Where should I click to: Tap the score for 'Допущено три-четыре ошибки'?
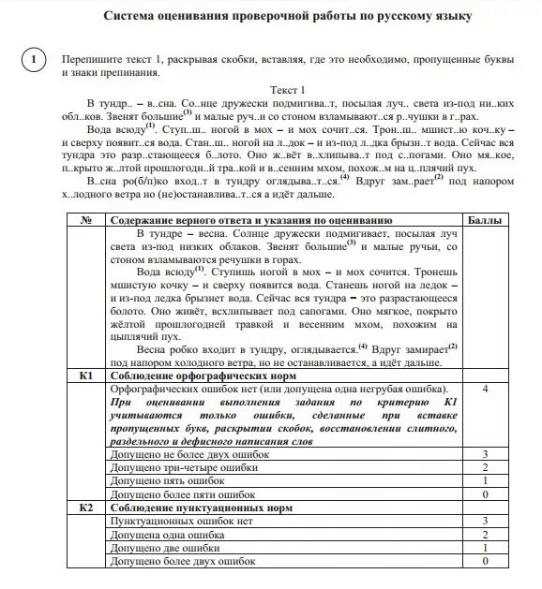pyautogui.click(x=485, y=467)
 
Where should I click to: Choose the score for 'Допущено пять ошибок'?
pyautogui.click(x=485, y=480)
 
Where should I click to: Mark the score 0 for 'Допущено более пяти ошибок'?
pyautogui.click(x=485, y=493)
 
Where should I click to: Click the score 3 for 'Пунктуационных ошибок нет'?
pyautogui.click(x=485, y=520)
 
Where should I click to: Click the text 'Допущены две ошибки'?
pyautogui.click(x=160, y=547)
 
